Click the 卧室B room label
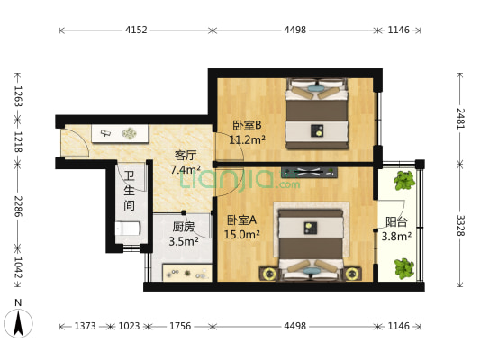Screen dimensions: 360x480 coord(247,125)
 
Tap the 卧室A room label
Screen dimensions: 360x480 coord(241,220)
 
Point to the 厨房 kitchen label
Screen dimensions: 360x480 coord(184,227)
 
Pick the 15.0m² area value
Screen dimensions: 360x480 coord(241,235)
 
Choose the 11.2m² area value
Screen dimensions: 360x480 coord(247,139)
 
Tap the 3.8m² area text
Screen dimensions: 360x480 coord(396,237)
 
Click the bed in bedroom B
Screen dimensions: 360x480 coord(317,114)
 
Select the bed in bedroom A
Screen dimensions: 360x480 coord(311,240)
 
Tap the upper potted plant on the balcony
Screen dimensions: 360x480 coord(404,180)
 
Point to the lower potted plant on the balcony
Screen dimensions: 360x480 coord(404,267)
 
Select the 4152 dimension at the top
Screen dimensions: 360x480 coord(136,30)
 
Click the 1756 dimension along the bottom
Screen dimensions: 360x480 coord(181,327)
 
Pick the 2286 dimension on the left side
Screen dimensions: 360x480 coord(18,205)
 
